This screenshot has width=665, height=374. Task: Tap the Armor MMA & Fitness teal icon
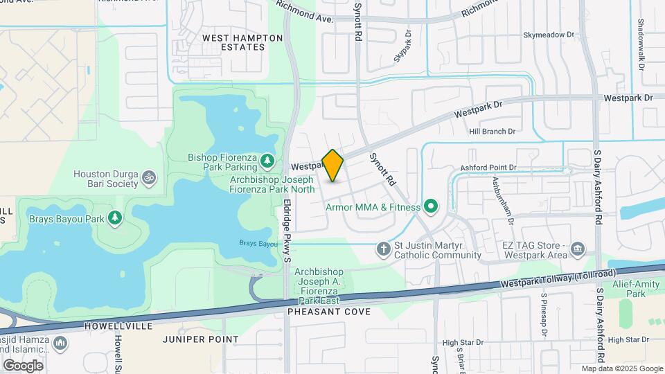click(431, 206)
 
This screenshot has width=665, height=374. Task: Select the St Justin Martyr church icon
click(383, 249)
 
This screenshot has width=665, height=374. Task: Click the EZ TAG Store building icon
click(578, 249)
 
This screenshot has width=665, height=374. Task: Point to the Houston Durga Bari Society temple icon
click(147, 179)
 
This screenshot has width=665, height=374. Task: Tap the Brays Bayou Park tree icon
click(116, 219)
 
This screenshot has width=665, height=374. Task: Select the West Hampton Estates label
click(233, 42)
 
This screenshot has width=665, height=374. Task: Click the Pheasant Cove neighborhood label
click(329, 312)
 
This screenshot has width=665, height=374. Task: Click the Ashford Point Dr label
click(489, 168)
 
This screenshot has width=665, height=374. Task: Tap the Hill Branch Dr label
click(493, 131)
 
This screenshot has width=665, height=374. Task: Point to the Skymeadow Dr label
click(549, 34)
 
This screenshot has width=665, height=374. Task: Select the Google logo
click(23, 365)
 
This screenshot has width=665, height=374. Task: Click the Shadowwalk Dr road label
click(641, 42)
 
